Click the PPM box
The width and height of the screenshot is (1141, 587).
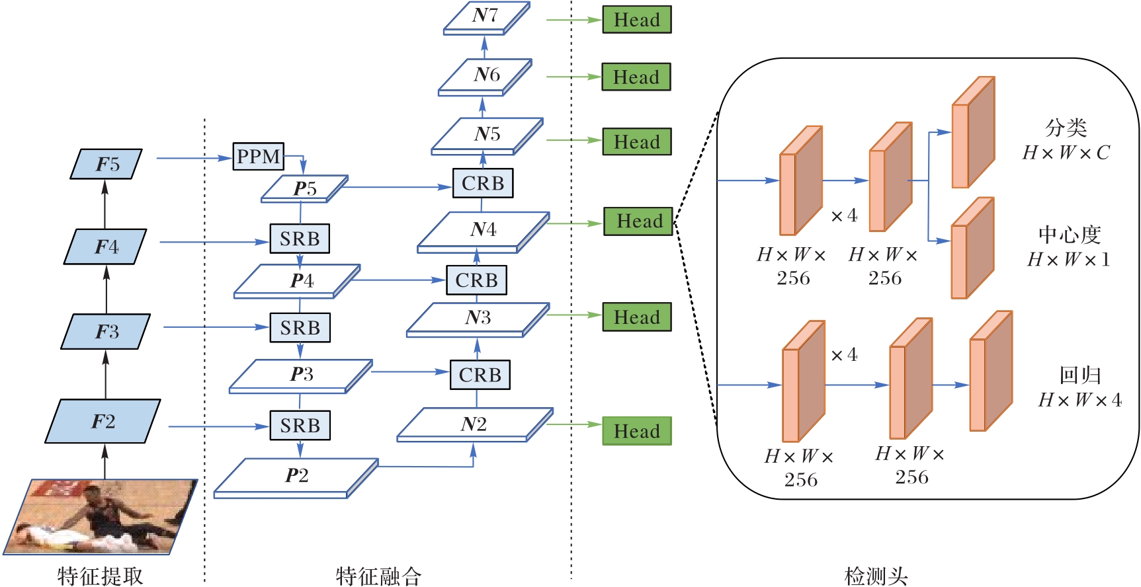(258, 157)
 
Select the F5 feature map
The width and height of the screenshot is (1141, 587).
(106, 164)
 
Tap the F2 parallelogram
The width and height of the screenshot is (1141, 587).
(103, 421)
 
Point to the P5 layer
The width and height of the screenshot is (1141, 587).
(305, 188)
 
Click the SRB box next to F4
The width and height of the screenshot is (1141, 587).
(300, 239)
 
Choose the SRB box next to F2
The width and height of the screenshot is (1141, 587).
(300, 426)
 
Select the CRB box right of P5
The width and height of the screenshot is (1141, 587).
(483, 183)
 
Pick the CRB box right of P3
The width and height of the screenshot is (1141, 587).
(480, 375)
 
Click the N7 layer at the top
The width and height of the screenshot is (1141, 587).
(486, 17)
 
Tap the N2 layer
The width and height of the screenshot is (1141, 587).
(474, 424)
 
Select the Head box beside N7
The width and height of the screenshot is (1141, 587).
(636, 20)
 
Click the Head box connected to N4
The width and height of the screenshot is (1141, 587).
(638, 221)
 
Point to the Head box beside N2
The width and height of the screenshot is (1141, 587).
(636, 431)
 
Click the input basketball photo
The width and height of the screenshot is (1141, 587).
(101, 517)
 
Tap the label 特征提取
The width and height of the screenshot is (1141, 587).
(101, 576)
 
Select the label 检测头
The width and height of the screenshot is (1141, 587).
(876, 576)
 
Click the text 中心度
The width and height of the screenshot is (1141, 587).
(1069, 234)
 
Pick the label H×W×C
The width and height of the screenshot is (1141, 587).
(1066, 153)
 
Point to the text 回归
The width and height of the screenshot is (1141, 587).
(1079, 375)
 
